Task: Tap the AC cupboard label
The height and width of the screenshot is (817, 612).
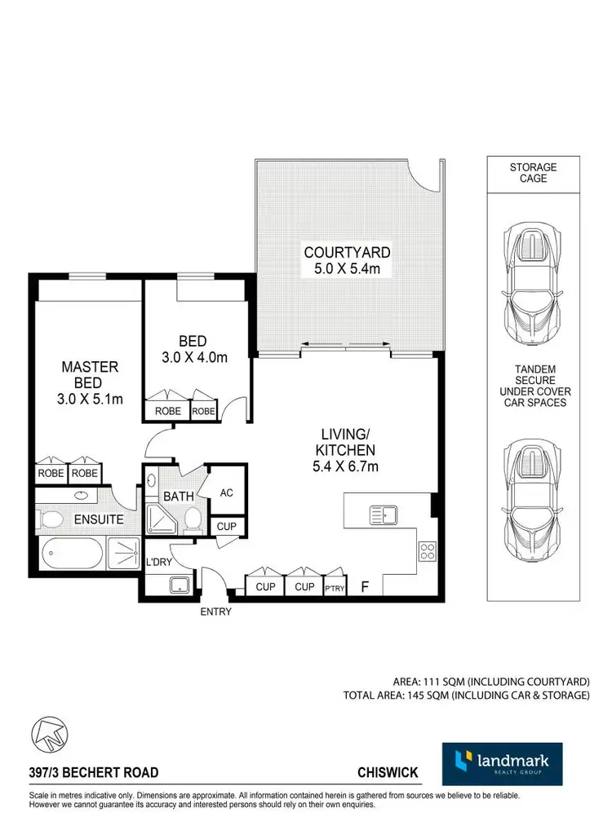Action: tap(228, 493)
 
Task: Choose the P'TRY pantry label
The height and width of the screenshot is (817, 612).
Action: tap(335, 588)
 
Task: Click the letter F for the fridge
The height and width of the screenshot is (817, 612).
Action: tap(366, 586)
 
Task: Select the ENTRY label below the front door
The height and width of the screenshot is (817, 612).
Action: tap(215, 612)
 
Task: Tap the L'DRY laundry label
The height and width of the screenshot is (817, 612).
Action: tap(157, 563)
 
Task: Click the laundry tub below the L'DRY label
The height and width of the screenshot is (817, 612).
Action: tap(178, 585)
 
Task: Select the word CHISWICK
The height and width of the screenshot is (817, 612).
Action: tap(387, 772)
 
